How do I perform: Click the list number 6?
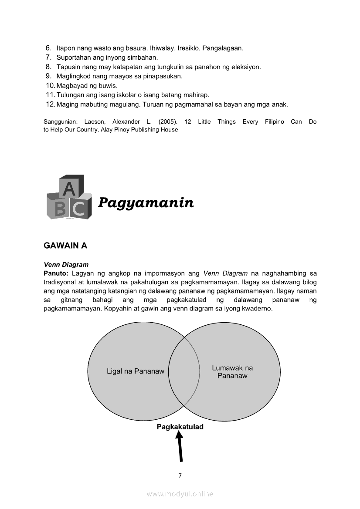(x=48, y=48)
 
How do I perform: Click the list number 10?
(x=50, y=86)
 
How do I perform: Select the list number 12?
(x=50, y=104)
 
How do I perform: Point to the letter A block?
(x=69, y=188)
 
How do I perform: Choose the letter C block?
(x=79, y=209)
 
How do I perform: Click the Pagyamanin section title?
(x=146, y=202)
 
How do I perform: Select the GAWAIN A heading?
(x=65, y=246)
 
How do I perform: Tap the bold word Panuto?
(x=56, y=273)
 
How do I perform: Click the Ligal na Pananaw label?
(x=136, y=371)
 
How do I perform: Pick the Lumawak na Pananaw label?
(x=232, y=371)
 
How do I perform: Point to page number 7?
(x=180, y=475)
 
